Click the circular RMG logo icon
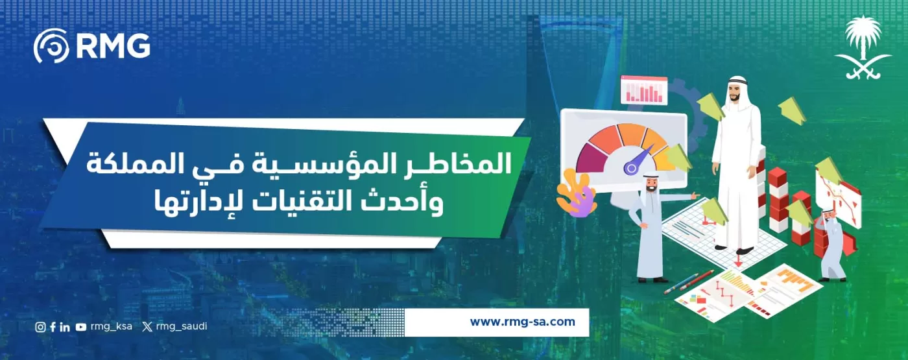pos(51,46)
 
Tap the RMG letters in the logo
pos(113,46)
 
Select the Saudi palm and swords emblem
pos(863,49)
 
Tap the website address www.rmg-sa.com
pos(522,322)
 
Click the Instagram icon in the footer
pos(40,327)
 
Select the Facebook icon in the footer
pos(53,327)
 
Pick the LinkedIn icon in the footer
pos(64,327)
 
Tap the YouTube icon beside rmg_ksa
pos(80,327)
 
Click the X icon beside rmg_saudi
pos(148,327)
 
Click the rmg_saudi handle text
pos(182,326)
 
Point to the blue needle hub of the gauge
pos(630,168)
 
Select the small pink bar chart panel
pos(643,90)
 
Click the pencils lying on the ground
pos(688,283)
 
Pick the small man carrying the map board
pos(832,243)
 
